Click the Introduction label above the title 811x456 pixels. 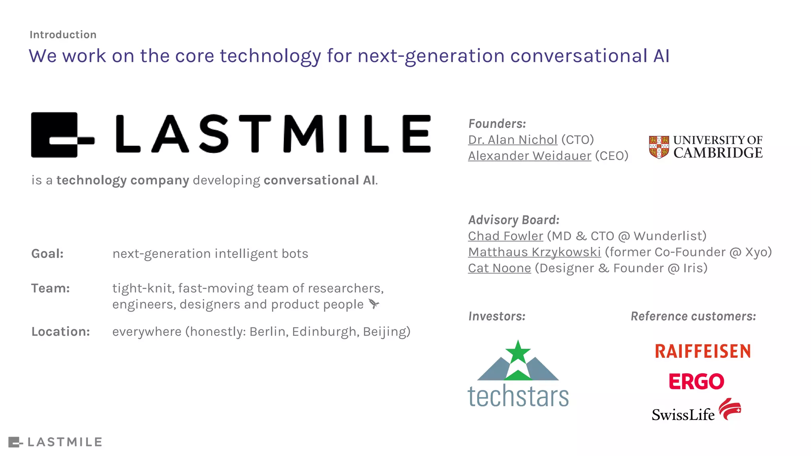(x=63, y=35)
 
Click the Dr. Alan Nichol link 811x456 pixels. (x=512, y=140)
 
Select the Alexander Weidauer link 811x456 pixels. (x=529, y=156)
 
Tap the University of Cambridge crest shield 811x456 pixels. (x=659, y=147)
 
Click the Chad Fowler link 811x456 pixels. (x=505, y=236)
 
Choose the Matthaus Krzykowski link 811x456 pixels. (x=534, y=252)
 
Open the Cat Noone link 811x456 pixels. (x=499, y=268)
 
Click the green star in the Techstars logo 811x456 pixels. (x=518, y=352)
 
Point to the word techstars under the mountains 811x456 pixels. (x=518, y=396)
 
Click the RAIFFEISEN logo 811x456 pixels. (x=702, y=351)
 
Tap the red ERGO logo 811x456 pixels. (x=696, y=382)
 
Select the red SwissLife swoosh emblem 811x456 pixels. (x=730, y=409)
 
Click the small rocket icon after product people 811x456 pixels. (x=373, y=304)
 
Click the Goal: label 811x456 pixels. (x=48, y=254)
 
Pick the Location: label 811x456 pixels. (x=61, y=332)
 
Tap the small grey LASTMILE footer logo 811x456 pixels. (x=55, y=442)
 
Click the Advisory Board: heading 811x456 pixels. (x=514, y=220)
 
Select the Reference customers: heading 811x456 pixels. (x=693, y=316)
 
